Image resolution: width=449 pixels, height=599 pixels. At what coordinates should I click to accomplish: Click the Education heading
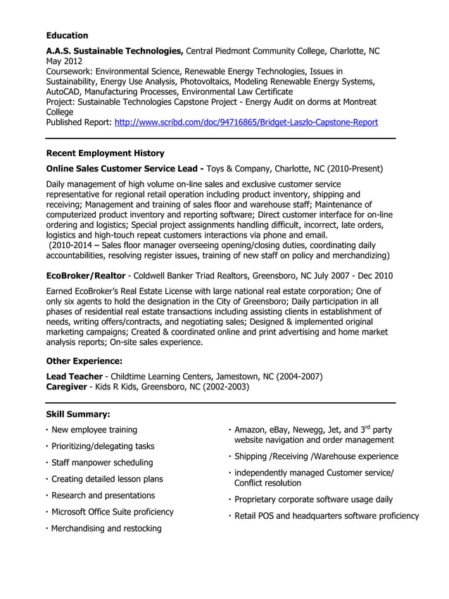67,35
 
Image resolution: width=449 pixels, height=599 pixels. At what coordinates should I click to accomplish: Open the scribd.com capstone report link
246,122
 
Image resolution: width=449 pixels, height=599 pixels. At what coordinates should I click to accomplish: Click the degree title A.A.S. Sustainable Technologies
115,51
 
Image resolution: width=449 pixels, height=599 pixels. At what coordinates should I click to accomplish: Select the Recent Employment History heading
105,153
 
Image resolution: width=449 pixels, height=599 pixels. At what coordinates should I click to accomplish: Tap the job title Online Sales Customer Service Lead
125,169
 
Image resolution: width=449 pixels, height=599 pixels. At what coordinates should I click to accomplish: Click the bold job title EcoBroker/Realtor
86,276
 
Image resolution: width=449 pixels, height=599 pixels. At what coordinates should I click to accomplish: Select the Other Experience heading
84,361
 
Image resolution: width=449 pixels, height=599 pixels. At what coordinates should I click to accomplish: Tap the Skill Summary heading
77,414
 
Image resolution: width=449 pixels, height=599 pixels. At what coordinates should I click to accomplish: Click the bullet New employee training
94,430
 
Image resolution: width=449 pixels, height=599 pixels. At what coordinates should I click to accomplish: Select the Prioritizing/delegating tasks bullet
103,446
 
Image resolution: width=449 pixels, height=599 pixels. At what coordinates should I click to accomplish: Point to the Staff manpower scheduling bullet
102,463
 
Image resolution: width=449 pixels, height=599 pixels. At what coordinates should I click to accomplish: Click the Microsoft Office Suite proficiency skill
113,512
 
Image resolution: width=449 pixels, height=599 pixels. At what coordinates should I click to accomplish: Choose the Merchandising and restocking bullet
106,528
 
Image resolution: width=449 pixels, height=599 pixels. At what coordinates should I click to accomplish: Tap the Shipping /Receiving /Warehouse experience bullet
316,456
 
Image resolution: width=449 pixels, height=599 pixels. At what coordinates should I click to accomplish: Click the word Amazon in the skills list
250,430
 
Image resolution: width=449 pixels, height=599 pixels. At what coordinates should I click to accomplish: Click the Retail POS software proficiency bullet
326,516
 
